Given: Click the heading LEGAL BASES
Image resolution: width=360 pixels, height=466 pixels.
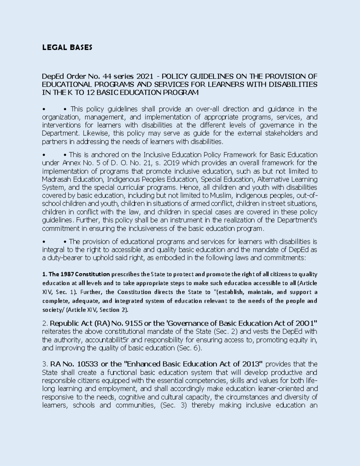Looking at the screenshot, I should click(67, 47).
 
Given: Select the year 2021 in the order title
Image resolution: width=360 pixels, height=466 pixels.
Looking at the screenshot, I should click(142, 76).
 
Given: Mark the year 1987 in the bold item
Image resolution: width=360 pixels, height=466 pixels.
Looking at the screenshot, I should click(67, 274).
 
